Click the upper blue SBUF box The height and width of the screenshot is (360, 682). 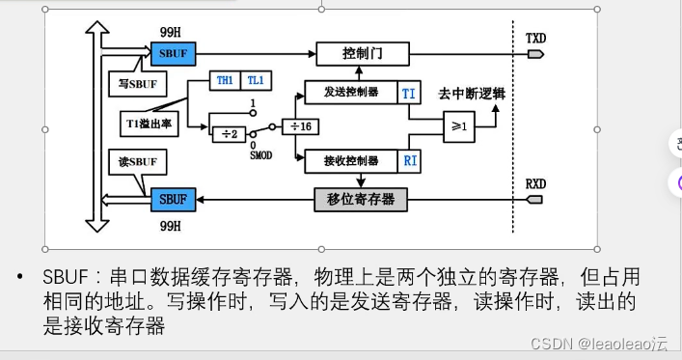click(174, 52)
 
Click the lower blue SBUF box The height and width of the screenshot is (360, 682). click(174, 199)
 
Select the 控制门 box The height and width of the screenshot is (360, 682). click(363, 52)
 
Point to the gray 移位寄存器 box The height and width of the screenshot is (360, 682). click(361, 199)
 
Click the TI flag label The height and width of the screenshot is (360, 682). click(409, 93)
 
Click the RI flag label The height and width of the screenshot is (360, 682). click(409, 160)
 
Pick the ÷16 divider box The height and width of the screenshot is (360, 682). click(300, 126)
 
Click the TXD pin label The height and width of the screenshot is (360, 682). click(535, 38)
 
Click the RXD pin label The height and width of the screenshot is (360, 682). click(535, 183)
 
